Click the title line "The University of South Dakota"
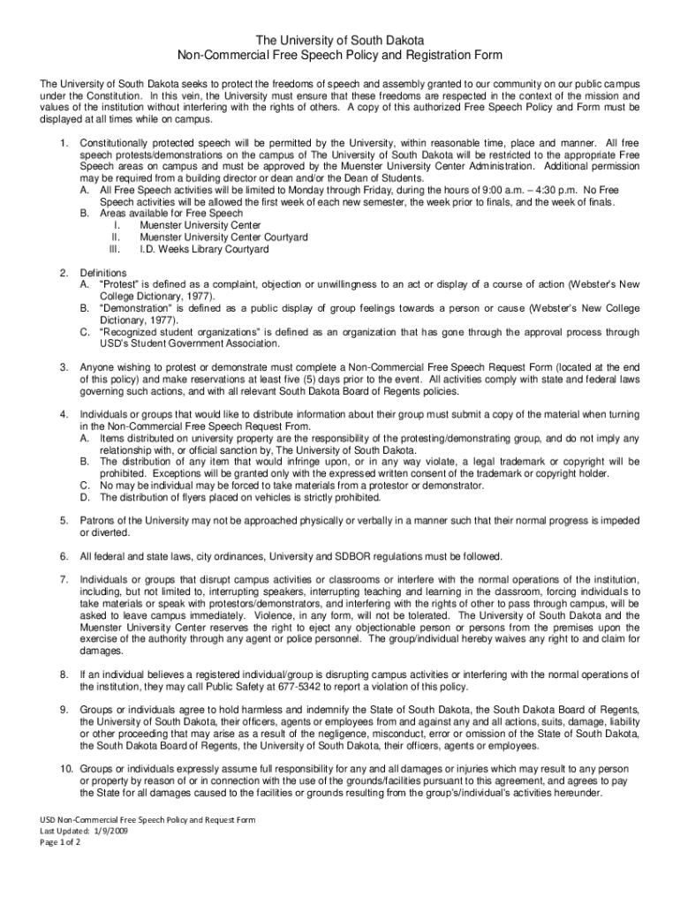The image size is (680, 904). (340, 41)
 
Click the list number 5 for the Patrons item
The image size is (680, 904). (64, 521)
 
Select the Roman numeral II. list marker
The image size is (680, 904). (115, 237)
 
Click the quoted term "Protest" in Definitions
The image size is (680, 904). (124, 285)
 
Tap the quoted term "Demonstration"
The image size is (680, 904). (143, 309)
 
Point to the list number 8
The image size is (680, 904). (64, 674)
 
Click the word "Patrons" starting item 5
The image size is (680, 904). (98, 521)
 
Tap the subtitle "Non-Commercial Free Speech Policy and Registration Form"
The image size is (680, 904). (340, 56)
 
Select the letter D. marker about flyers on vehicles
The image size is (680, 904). (85, 497)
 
